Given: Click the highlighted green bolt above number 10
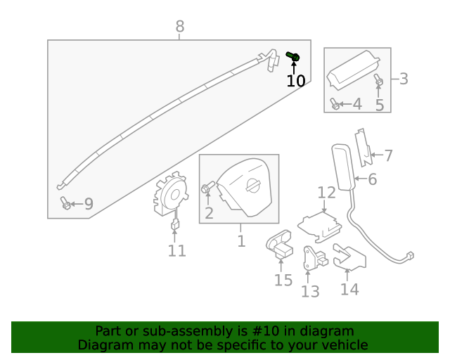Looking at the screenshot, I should pyautogui.click(x=294, y=56).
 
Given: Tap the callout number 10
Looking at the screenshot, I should pyautogui.click(x=296, y=81).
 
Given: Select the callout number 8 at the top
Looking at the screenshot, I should pyautogui.click(x=180, y=27).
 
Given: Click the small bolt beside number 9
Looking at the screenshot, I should pyautogui.click(x=65, y=203).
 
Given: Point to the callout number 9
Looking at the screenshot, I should pyautogui.click(x=89, y=205).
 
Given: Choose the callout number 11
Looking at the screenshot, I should pyautogui.click(x=176, y=250).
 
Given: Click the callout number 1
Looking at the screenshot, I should pyautogui.click(x=241, y=241).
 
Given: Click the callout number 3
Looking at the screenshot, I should pyautogui.click(x=404, y=79).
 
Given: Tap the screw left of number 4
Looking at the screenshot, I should pyautogui.click(x=335, y=105).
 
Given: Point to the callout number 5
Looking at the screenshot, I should pyautogui.click(x=380, y=105).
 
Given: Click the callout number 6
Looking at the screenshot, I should pyautogui.click(x=372, y=179).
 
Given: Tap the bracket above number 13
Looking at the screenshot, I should pyautogui.click(x=310, y=257).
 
